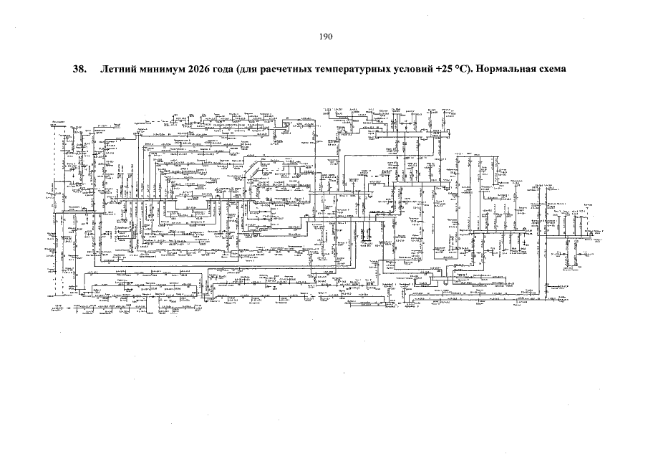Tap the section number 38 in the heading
[79, 70]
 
